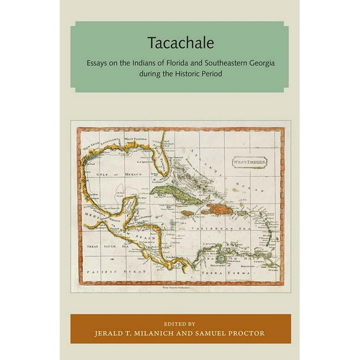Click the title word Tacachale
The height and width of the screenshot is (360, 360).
(x=180, y=43)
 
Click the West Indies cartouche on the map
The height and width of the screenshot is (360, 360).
(x=246, y=161)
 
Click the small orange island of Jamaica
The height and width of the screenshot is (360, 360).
(x=187, y=213)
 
